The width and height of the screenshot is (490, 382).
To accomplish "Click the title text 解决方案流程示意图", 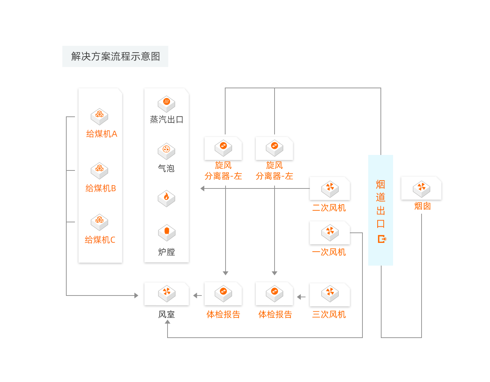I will [115, 56].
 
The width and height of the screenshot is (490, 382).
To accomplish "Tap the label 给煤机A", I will [102, 134].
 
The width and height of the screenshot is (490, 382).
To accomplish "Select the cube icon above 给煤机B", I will [99, 170].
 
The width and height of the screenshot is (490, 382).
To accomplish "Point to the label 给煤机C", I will [100, 240].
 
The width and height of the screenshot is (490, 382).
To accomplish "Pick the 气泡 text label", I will [166, 168].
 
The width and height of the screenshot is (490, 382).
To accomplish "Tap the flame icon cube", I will [166, 198].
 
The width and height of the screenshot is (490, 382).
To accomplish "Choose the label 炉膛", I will [166, 252].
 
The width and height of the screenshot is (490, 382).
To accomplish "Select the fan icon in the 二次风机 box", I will [330, 188].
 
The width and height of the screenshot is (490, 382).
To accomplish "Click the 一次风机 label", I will [329, 252].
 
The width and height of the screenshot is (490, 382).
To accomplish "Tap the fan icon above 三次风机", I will [330, 294].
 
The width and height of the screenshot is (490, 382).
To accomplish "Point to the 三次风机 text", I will [329, 315].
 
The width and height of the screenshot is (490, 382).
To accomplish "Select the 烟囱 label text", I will [422, 206].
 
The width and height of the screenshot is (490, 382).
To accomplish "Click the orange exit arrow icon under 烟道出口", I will [382, 239].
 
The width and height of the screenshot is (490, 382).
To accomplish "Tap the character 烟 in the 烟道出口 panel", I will [380, 185].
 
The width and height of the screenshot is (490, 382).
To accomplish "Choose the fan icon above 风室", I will [166, 293].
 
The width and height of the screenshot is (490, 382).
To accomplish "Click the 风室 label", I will [166, 315].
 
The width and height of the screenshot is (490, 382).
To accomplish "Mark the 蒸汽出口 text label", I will [166, 120].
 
